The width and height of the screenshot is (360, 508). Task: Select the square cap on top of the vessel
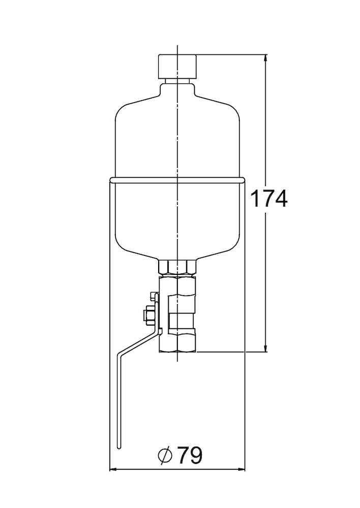point(177,66)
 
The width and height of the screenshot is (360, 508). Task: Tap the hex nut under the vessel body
point(177,267)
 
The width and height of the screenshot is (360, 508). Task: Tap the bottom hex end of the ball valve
point(177,340)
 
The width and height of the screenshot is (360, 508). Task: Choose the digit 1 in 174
point(256,199)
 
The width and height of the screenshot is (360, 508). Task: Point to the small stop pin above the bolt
point(153,296)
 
